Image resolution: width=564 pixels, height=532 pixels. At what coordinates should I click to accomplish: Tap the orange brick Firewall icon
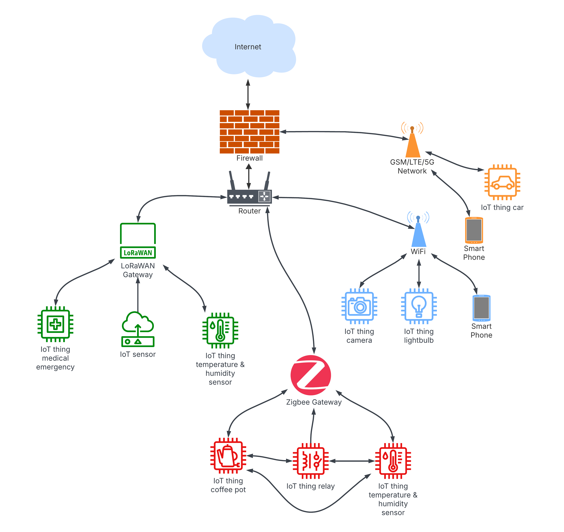coord(249,132)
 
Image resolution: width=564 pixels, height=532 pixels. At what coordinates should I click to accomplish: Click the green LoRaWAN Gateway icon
coord(138,241)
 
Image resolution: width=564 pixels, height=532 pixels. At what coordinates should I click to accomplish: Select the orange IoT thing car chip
coord(502,182)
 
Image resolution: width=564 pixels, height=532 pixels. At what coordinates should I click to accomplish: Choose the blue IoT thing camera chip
coord(359,306)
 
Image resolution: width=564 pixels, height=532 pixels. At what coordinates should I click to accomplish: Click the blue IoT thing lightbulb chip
coord(419,306)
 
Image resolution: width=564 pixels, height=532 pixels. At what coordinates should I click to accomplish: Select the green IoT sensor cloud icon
coord(138,329)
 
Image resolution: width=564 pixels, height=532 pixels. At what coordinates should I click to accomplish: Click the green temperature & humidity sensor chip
coord(220,330)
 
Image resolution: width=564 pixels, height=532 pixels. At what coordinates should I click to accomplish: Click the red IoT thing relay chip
coord(311,461)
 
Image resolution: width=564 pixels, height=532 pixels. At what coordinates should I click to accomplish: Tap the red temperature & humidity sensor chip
coord(393,461)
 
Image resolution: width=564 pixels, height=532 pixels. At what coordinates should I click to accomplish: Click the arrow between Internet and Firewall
coord(248,94)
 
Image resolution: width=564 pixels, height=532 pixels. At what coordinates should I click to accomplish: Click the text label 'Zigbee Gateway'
coord(314,402)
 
